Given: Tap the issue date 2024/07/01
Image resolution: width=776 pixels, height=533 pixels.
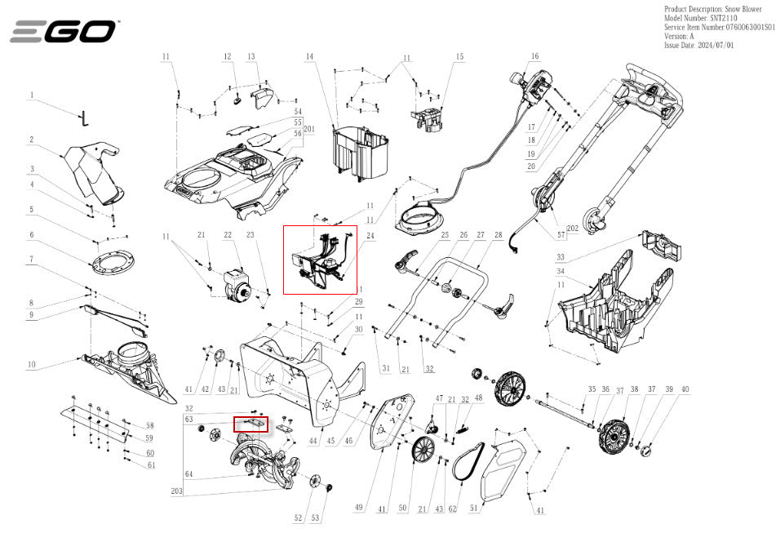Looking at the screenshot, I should pyautogui.click(x=698, y=46).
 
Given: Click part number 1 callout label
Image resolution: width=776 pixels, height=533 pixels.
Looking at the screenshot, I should pyautogui.click(x=32, y=95).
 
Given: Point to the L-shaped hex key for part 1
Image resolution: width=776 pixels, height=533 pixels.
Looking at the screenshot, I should pyautogui.click(x=84, y=118).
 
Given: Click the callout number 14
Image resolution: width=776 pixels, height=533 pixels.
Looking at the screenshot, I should pyautogui.click(x=310, y=57).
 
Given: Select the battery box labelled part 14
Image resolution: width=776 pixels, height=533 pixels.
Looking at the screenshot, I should pyautogui.click(x=358, y=152).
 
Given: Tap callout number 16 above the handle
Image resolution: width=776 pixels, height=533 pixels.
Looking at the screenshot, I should pyautogui.click(x=535, y=56).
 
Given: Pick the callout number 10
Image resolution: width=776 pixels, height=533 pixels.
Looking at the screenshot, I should pyautogui.click(x=32, y=364).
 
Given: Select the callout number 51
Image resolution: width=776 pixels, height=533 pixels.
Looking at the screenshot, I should pyautogui.click(x=474, y=508).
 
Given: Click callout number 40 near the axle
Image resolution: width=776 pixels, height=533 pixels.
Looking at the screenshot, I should pyautogui.click(x=685, y=389).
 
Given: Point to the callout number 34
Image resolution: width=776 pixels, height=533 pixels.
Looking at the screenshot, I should pyautogui.click(x=561, y=271).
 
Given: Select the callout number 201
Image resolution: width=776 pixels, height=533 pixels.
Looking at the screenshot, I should pyautogui.click(x=308, y=130).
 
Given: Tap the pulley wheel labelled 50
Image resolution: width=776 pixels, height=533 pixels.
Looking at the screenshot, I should pyautogui.click(x=423, y=451).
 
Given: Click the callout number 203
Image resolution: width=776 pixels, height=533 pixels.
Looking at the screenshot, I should pyautogui.click(x=177, y=492).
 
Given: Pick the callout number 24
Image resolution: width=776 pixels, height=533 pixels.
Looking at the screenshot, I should pyautogui.click(x=370, y=236).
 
